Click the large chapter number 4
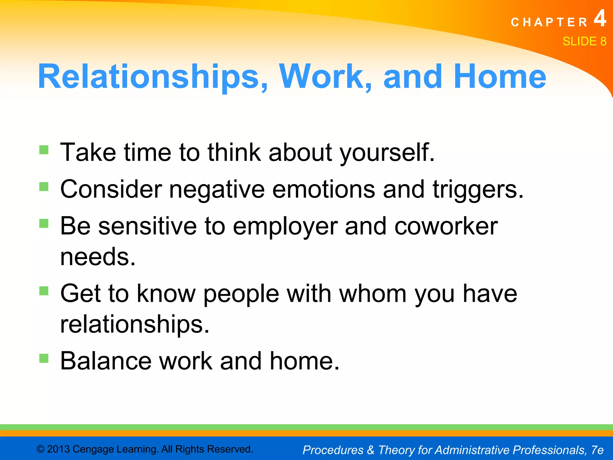(x=600, y=19)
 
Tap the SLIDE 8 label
(x=584, y=41)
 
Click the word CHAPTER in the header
(x=549, y=22)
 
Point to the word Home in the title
(x=500, y=77)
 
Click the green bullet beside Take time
(x=44, y=149)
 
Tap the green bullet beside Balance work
(x=44, y=358)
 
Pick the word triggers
(x=478, y=190)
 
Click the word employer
(x=285, y=226)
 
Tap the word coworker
(x=446, y=226)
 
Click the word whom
(x=373, y=294)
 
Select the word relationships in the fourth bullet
(x=134, y=325)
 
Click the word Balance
(x=106, y=361)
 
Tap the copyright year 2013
(x=58, y=449)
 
